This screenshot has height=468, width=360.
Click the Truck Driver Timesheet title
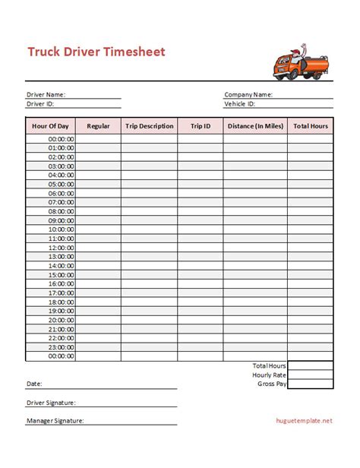click(x=96, y=52)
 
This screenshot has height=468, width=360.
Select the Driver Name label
click(x=46, y=95)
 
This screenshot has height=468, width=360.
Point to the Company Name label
click(x=248, y=95)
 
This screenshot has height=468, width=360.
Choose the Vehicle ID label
click(x=239, y=103)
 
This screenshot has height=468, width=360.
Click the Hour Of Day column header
click(x=51, y=126)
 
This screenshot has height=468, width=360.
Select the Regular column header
click(x=99, y=126)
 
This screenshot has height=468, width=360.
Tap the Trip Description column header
click(x=149, y=126)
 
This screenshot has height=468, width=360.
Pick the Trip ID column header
click(x=201, y=126)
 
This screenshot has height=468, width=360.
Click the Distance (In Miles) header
click(x=255, y=126)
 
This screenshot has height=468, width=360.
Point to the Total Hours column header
click(x=311, y=126)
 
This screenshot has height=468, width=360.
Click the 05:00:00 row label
click(x=62, y=184)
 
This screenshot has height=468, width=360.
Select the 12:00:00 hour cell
click(x=62, y=247)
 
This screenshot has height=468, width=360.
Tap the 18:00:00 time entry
click(x=62, y=302)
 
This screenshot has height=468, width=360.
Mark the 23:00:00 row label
click(x=62, y=346)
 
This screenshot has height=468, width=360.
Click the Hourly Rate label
click(x=269, y=375)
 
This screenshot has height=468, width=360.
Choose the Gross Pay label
click(x=272, y=384)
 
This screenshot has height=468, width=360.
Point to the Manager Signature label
click(x=55, y=420)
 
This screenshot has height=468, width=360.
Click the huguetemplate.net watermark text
click(x=304, y=420)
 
